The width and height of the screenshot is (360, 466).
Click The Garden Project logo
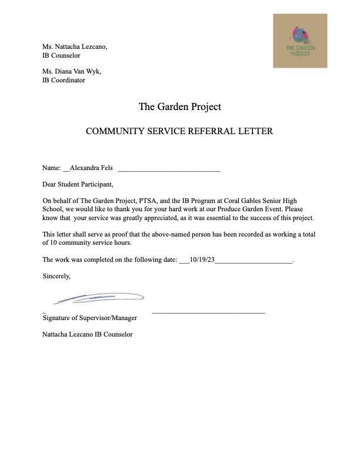coord(300,41)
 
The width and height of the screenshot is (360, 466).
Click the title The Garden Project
coord(179,106)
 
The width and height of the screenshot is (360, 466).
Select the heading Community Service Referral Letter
coord(179,131)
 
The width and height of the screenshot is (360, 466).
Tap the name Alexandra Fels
coord(91,168)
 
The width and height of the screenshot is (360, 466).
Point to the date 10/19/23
coord(202,259)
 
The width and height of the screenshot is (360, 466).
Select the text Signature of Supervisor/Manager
coord(89,318)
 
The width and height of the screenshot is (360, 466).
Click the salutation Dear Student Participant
coord(78,184)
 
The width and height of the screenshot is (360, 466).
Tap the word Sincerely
coord(56,275)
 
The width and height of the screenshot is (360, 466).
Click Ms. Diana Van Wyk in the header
coord(72,71)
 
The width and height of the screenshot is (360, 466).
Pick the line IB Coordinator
coord(64,80)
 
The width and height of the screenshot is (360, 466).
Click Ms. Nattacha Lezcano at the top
coord(75,46)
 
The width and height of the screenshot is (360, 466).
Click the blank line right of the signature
coord(208,312)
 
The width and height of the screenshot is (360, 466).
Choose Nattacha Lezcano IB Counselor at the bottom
coord(87,334)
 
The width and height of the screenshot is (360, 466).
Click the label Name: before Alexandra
coord(51,168)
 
